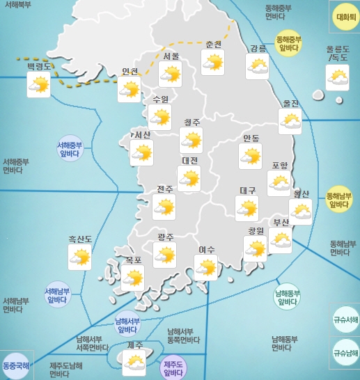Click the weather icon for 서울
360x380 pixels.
point(170,74)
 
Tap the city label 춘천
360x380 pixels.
point(214,45)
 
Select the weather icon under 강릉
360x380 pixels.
point(258,66)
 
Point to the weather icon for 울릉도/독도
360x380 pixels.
point(338,78)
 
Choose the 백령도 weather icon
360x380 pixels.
point(38,85)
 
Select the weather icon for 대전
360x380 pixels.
point(189,178)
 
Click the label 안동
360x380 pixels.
point(251,138)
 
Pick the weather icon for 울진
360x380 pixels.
point(290,122)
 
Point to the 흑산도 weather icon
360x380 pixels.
point(79,258)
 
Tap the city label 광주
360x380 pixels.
point(166,237)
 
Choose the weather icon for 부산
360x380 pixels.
point(280,241)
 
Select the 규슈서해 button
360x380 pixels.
point(345,319)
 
